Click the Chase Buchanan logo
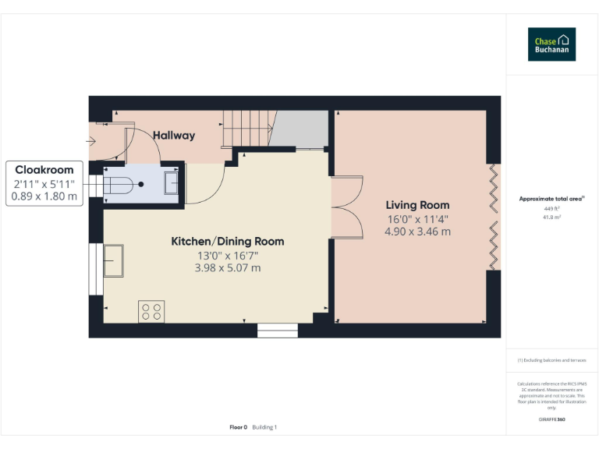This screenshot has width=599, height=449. (x=552, y=44)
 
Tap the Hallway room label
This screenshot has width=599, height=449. (x=173, y=136)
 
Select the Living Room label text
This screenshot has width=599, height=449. (x=417, y=205)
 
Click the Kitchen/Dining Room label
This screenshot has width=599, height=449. (x=227, y=242)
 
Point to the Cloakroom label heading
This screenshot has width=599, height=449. (x=44, y=170)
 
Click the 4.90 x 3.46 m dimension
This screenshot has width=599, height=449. (x=417, y=232)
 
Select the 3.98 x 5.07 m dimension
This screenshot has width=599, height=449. (x=227, y=268)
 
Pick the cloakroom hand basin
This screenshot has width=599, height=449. (x=172, y=184)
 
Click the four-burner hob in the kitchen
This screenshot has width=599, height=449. (x=151, y=311)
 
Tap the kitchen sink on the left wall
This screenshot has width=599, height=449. (x=113, y=260)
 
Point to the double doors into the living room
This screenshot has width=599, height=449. (x=348, y=209)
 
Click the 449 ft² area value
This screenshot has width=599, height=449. (x=551, y=209)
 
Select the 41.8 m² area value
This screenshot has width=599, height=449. (x=551, y=217)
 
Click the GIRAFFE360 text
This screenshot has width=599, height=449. (x=551, y=419)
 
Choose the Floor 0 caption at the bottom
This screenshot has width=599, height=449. (x=238, y=427)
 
